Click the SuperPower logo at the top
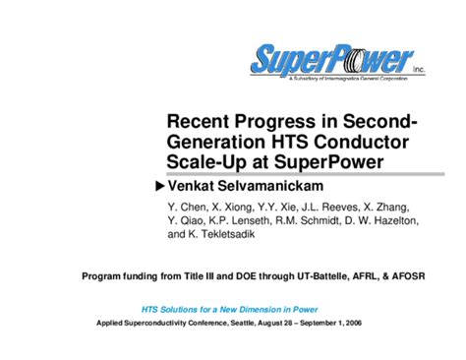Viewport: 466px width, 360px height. (x=333, y=61)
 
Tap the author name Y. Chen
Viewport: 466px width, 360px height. (x=187, y=208)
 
